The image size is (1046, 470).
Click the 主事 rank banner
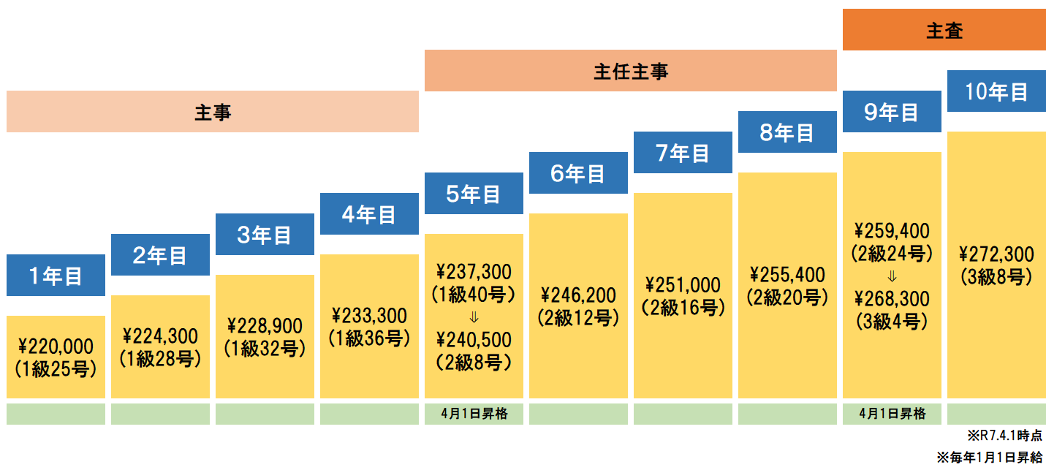[x=213, y=112]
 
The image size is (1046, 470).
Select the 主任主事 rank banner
[x=630, y=71]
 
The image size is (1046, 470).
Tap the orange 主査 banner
[x=944, y=30]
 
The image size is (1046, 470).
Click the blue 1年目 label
[x=56, y=276]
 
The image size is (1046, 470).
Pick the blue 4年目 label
[x=369, y=214]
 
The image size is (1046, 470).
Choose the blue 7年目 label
[x=683, y=153]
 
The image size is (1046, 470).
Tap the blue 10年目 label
[x=996, y=91]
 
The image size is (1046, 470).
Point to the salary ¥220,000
[x=56, y=346]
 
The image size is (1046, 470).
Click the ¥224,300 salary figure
[x=160, y=336]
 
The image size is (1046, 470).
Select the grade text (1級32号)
[x=265, y=349]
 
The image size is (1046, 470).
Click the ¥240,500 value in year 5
[x=474, y=339]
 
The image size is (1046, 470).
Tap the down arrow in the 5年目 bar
[x=474, y=317]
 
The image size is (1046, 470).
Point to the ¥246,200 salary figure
[x=578, y=295]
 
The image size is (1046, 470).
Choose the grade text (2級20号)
[x=787, y=297]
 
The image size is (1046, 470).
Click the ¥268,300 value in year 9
[x=892, y=298]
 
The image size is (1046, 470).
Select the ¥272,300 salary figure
[x=996, y=254]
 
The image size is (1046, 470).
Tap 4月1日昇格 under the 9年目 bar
[x=892, y=414]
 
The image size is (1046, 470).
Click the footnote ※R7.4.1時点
[x=1005, y=436]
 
